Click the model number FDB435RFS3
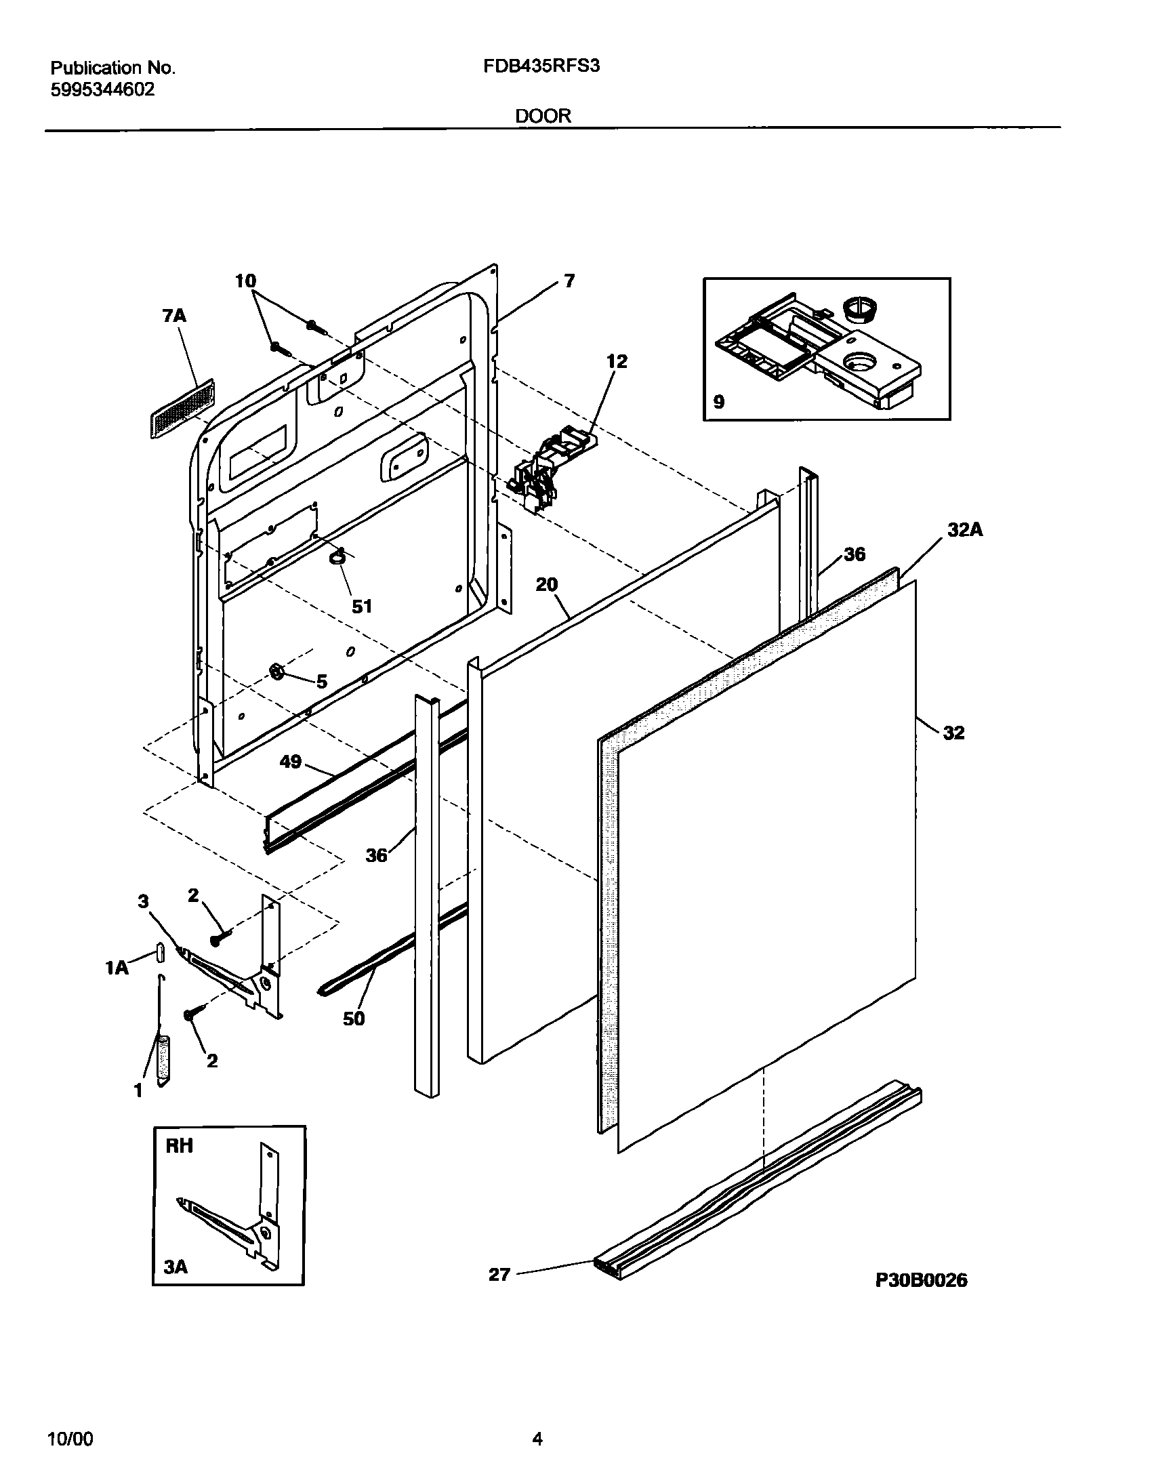click(x=542, y=66)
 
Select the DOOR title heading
click(x=543, y=116)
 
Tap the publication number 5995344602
click(x=102, y=89)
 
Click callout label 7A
click(x=174, y=316)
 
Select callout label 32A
click(x=964, y=530)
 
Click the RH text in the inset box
click(x=179, y=1146)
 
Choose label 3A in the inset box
click(x=176, y=1267)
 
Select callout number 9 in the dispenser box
click(x=719, y=402)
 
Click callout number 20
click(x=546, y=584)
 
